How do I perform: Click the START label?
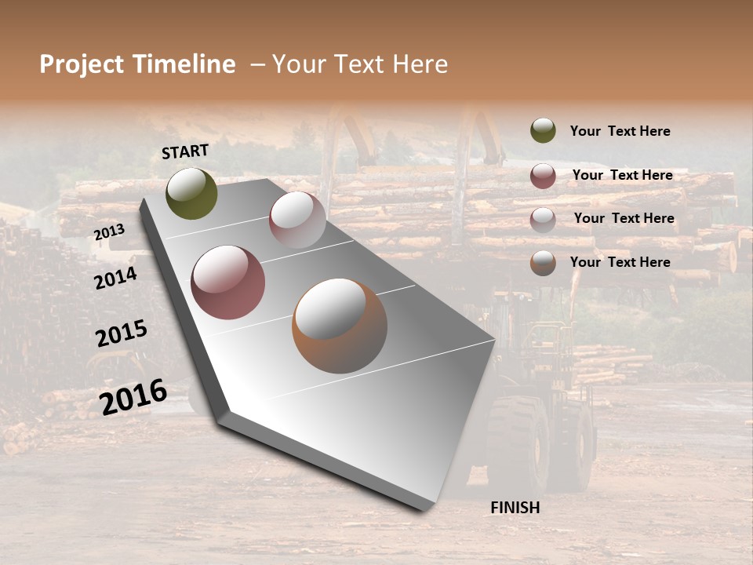pyautogui.click(x=185, y=151)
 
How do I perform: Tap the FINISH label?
pyautogui.click(x=515, y=508)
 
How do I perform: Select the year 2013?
pyautogui.click(x=109, y=232)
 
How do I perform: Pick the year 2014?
pyautogui.click(x=116, y=278)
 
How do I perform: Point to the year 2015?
pyautogui.click(x=122, y=334)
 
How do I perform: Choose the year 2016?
pyautogui.click(x=133, y=397)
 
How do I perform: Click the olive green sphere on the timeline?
pyautogui.click(x=191, y=193)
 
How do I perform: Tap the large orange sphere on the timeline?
pyautogui.click(x=340, y=326)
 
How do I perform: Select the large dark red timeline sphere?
pyautogui.click(x=228, y=282)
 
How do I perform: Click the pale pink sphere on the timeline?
pyautogui.click(x=297, y=220)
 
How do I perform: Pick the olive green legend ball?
pyautogui.click(x=543, y=130)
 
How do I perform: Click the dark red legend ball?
pyautogui.click(x=543, y=176)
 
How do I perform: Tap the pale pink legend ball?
pyautogui.click(x=543, y=220)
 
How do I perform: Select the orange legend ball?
pyautogui.click(x=543, y=263)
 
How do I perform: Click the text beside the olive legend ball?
pyautogui.click(x=620, y=131)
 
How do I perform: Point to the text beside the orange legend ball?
pyautogui.click(x=620, y=262)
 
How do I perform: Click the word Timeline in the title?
pyautogui.click(x=184, y=64)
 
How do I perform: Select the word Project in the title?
pyautogui.click(x=81, y=64)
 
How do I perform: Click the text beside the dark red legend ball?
pyautogui.click(x=622, y=175)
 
